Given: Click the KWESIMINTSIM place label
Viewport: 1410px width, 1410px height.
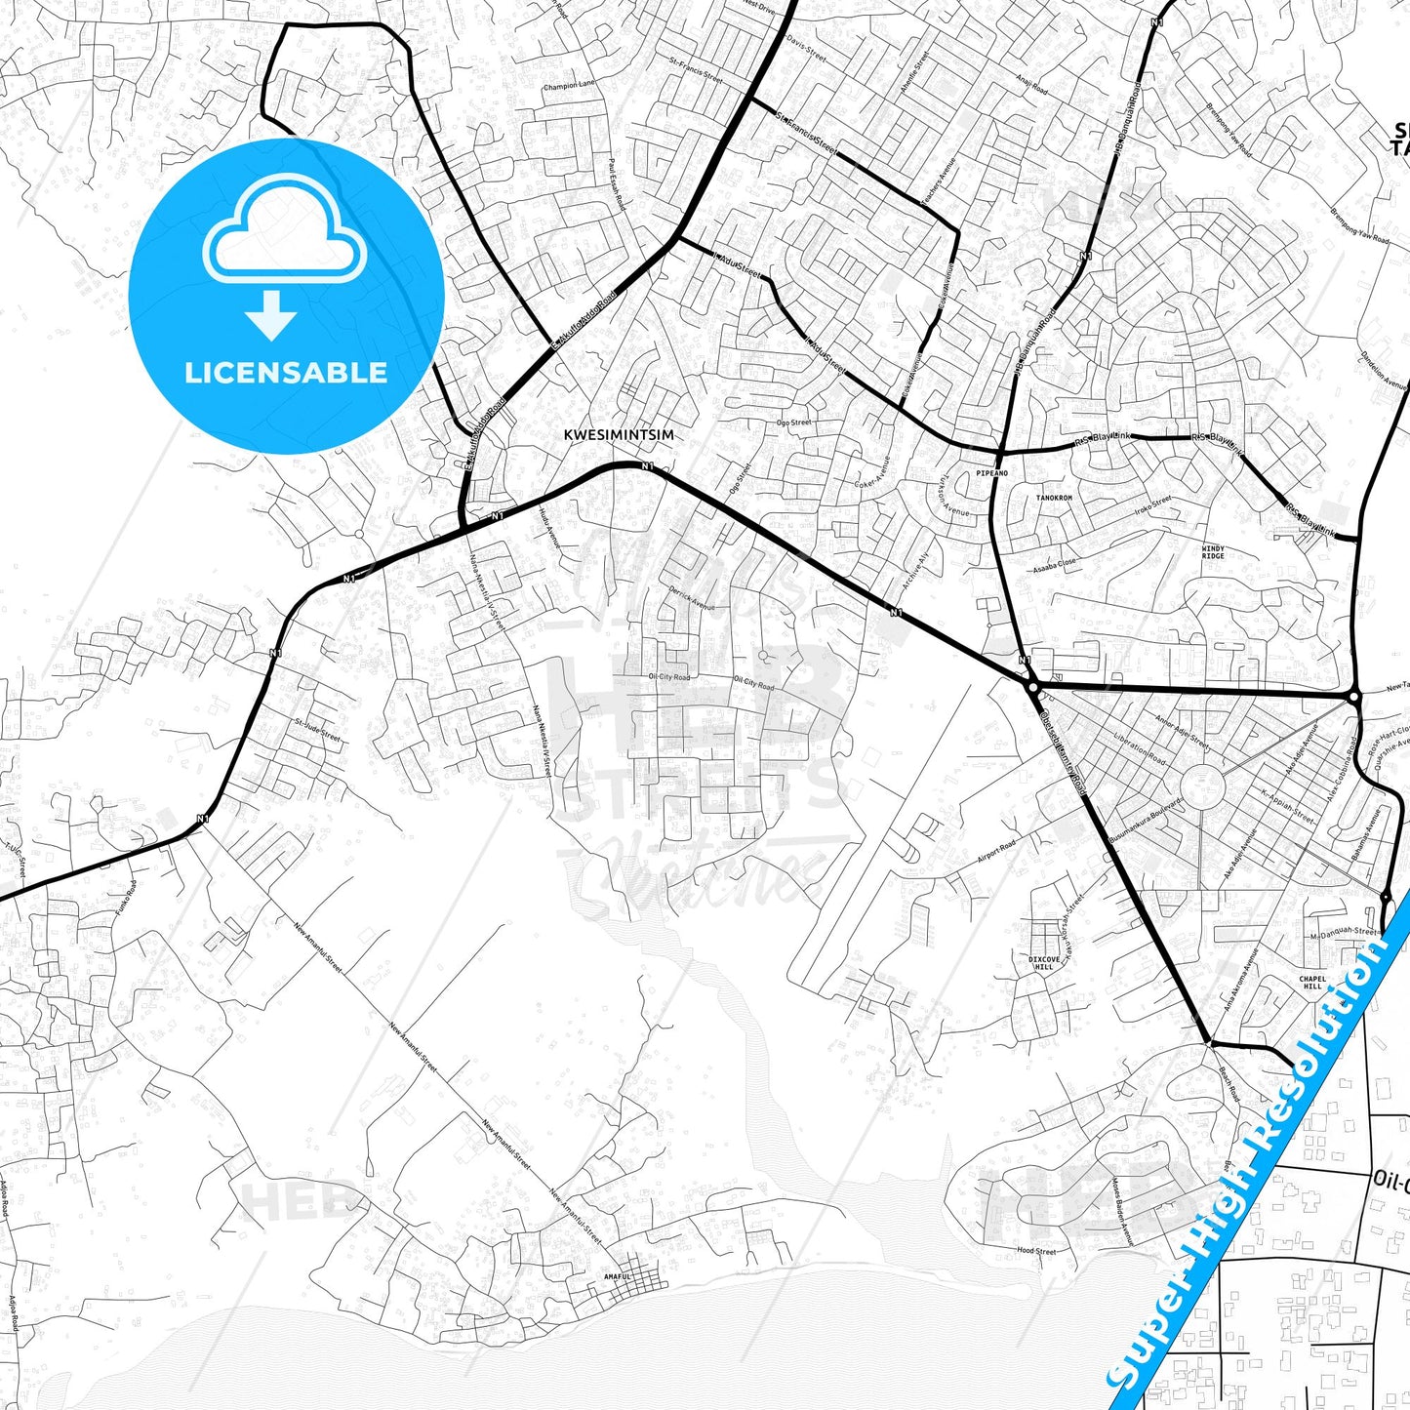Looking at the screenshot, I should coord(619,435).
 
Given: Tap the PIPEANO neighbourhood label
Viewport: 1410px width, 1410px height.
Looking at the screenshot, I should coord(991,473).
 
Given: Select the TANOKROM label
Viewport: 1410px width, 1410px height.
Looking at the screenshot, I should coord(1054,498).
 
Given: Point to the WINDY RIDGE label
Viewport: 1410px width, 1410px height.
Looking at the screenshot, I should coord(1213,552).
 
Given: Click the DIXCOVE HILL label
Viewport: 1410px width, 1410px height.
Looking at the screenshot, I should coord(1044,963).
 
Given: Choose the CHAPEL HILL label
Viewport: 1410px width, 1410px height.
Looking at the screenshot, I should coord(1312,983).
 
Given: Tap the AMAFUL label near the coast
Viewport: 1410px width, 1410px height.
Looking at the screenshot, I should coord(618,1276).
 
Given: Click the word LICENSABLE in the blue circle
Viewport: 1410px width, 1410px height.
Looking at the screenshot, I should coord(286,373).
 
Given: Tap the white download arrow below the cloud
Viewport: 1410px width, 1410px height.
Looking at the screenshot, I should coord(271,315).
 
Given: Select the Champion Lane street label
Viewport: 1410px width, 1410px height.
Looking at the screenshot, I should coord(570,86).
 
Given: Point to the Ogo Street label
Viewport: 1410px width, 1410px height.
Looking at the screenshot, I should coord(793,423).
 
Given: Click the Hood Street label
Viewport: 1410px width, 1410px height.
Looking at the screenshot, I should coord(1036,1251).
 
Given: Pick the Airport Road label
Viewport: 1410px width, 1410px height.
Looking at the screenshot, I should coord(996,851).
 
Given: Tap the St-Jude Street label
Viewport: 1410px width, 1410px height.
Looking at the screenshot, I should coord(317,730).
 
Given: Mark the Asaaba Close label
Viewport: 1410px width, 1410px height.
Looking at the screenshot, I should coord(1055,564).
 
